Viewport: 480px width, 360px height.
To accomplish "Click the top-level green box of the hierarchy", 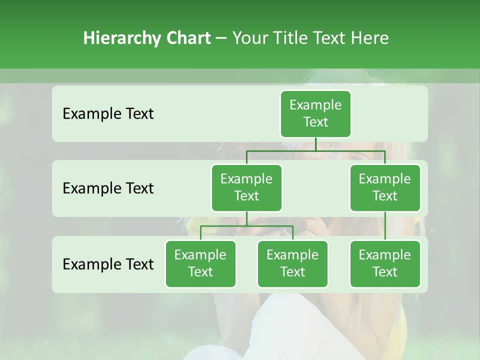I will (x=315, y=113).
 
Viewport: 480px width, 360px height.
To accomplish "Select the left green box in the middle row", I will (x=246, y=187).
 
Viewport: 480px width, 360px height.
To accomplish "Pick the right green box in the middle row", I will (x=385, y=187).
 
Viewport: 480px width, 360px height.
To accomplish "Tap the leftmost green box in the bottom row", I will (x=200, y=263).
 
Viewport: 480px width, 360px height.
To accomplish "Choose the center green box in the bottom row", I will (x=292, y=263).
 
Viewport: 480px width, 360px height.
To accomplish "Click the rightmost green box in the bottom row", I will (x=385, y=263).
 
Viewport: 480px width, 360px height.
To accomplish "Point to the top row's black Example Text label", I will (x=108, y=114).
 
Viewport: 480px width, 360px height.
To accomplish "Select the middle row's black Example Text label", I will (x=108, y=188).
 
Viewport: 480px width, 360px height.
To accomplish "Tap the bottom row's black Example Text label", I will (x=108, y=264).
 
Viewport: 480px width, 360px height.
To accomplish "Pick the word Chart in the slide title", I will (x=186, y=38).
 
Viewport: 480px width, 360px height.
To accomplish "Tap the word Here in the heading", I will (x=369, y=38).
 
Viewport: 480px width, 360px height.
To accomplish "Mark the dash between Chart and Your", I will (x=221, y=38).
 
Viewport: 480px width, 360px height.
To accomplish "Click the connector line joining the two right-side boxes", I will (x=385, y=226).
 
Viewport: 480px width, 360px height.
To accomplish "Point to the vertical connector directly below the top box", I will (x=315, y=144).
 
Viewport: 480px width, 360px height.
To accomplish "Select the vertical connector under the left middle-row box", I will (x=246, y=218).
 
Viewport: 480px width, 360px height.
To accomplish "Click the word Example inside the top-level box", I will (x=315, y=105).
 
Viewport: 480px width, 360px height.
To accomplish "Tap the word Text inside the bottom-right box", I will (x=385, y=272).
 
